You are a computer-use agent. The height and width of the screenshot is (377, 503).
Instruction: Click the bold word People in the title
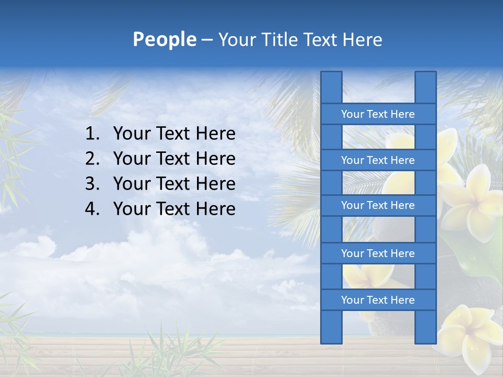(x=165, y=40)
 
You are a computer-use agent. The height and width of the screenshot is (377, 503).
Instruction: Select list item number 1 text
(x=174, y=134)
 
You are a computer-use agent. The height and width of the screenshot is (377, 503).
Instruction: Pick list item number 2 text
(x=174, y=159)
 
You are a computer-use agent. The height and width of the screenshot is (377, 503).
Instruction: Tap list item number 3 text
(x=174, y=184)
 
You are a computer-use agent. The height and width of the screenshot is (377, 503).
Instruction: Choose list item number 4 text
(x=174, y=209)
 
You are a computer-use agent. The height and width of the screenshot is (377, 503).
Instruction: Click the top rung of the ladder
(x=378, y=114)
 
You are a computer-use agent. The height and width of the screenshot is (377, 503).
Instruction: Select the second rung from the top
(x=378, y=160)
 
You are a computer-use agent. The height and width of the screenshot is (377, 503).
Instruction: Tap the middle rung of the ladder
(x=378, y=206)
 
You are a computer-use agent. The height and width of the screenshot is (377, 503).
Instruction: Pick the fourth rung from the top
(x=378, y=253)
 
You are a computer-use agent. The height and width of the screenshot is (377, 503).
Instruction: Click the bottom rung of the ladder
(x=378, y=300)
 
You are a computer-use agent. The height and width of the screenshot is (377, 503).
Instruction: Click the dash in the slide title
(x=207, y=40)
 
